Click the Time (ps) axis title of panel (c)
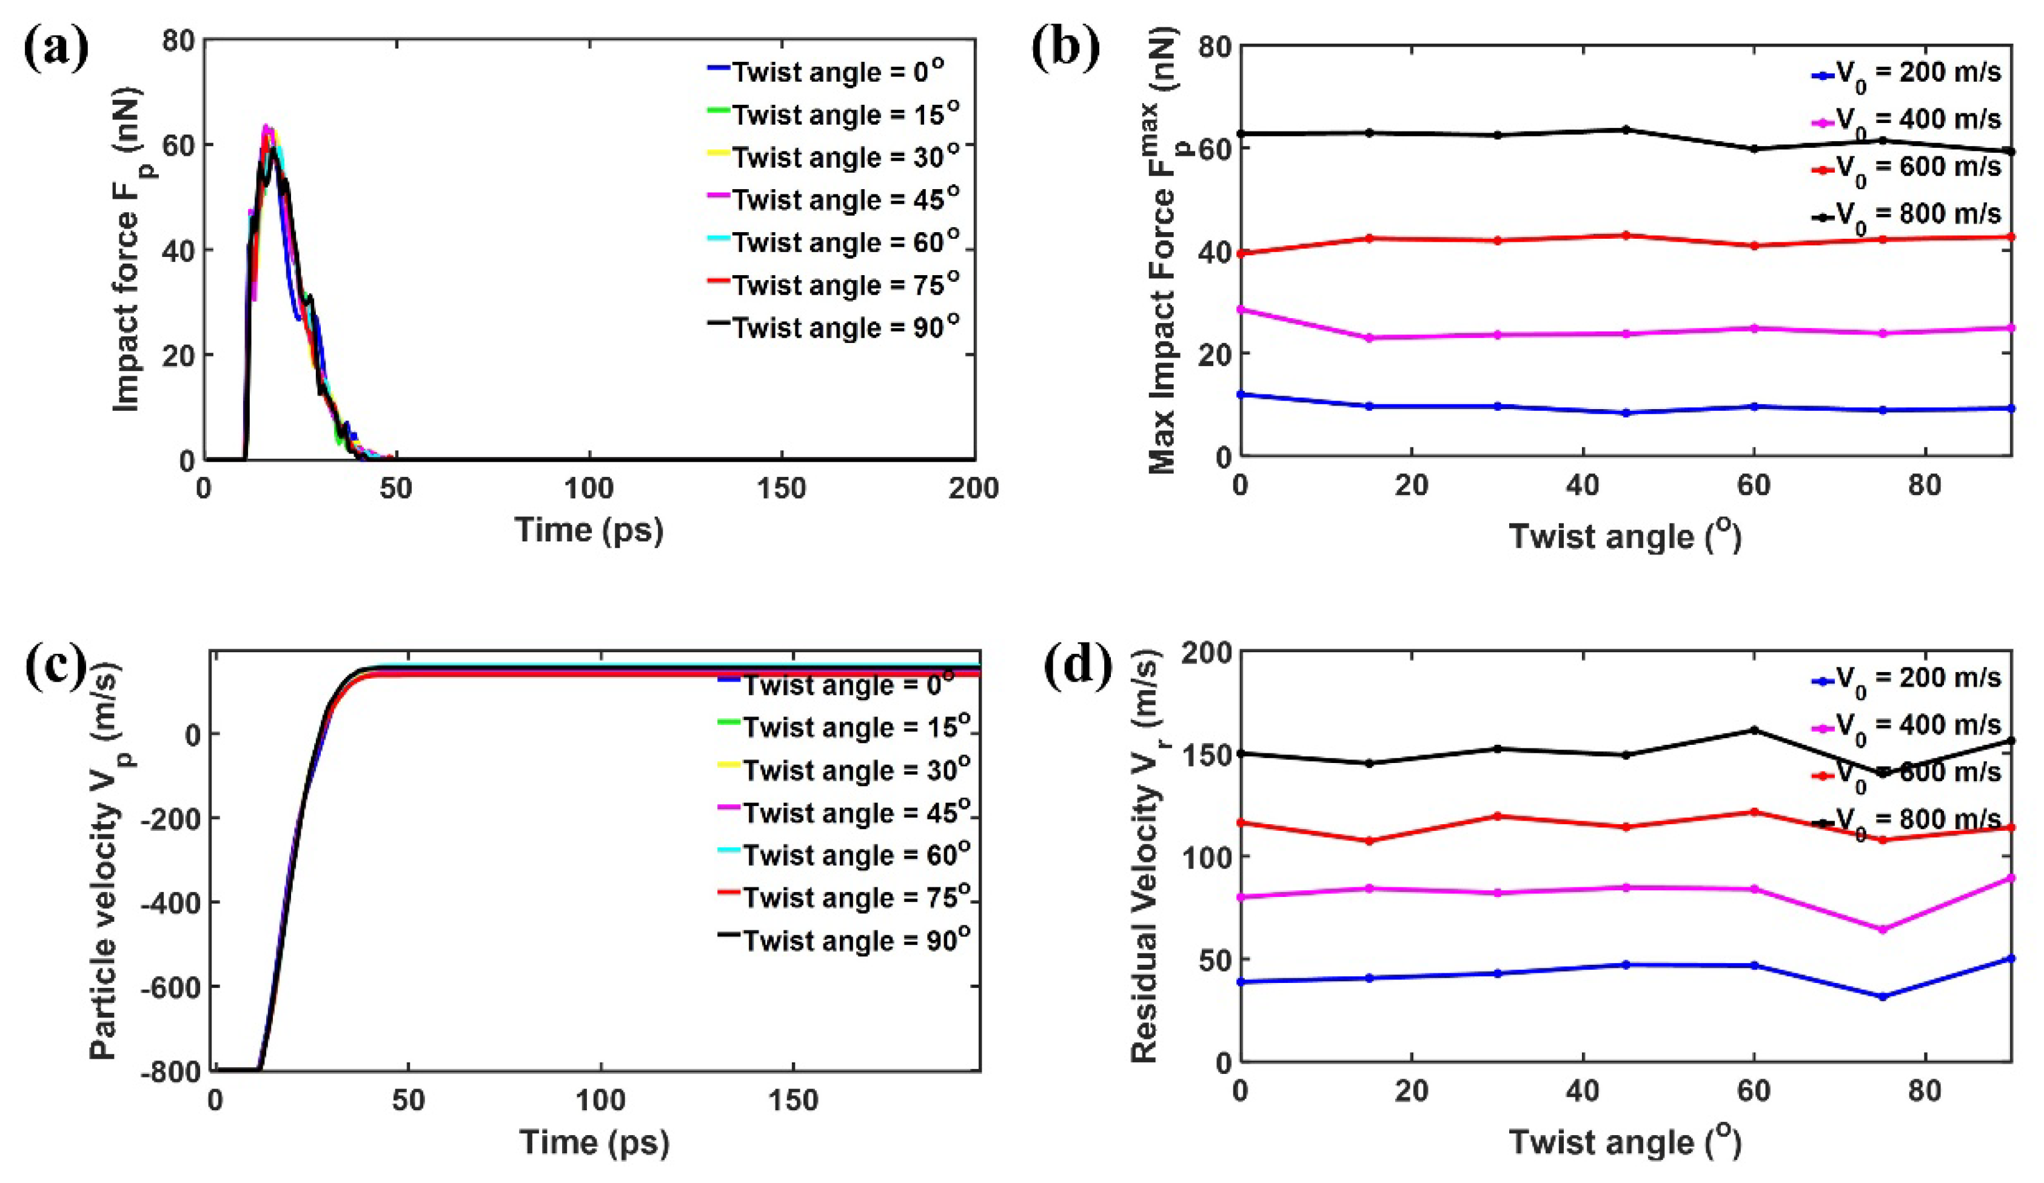pyautogui.click(x=595, y=1142)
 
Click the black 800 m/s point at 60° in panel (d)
pyautogui.click(x=1754, y=730)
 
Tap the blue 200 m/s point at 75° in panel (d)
pyautogui.click(x=1883, y=996)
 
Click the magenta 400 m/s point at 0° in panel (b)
pyautogui.click(x=1240, y=309)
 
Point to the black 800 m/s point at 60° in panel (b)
pyautogui.click(x=1754, y=149)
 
